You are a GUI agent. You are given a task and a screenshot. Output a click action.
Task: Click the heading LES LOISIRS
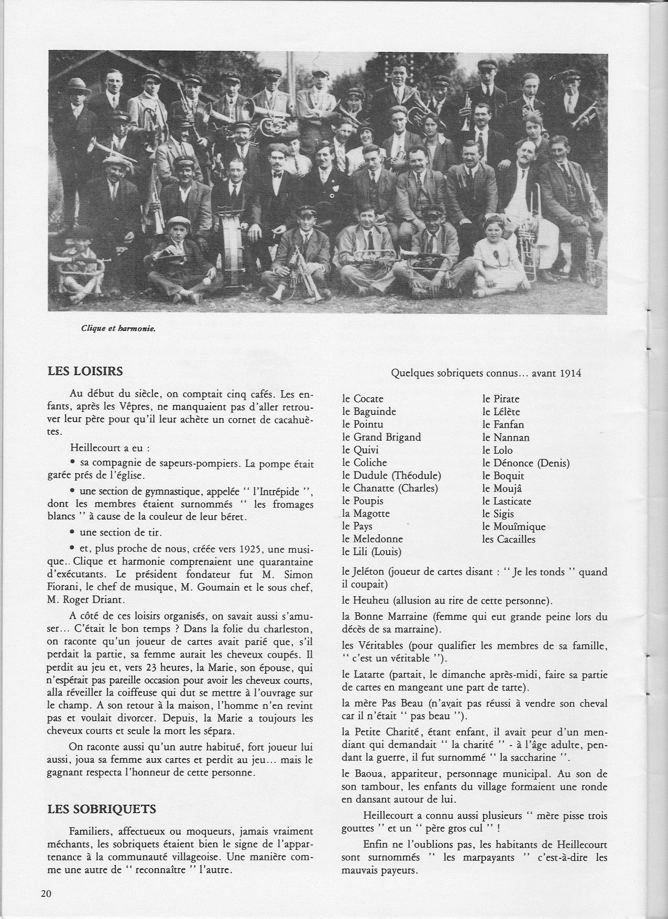click(85, 371)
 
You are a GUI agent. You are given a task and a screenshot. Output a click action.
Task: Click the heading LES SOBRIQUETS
click(102, 808)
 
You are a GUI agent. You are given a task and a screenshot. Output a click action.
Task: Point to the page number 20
click(46, 894)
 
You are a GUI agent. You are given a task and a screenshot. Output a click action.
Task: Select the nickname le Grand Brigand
click(381, 437)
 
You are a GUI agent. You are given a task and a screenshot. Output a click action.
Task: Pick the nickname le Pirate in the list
click(500, 399)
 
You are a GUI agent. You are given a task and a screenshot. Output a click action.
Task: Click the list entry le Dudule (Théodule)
click(391, 475)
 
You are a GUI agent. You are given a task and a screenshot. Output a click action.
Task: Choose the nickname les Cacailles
click(509, 539)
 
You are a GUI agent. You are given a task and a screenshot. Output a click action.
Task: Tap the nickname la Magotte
click(366, 513)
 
